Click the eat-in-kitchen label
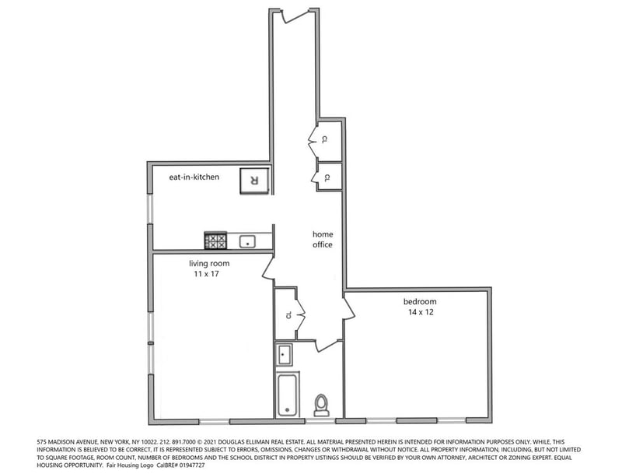(194, 177)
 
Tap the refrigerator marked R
(254, 181)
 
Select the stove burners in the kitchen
(215, 241)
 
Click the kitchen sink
(247, 241)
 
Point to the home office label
(323, 240)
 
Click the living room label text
(209, 264)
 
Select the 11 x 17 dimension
(206, 274)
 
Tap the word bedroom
(420, 302)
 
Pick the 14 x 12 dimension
(421, 312)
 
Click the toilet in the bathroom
(321, 405)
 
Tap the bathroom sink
(285, 354)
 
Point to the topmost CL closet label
(324, 139)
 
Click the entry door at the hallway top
(295, 16)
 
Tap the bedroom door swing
(349, 307)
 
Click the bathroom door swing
(327, 346)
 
